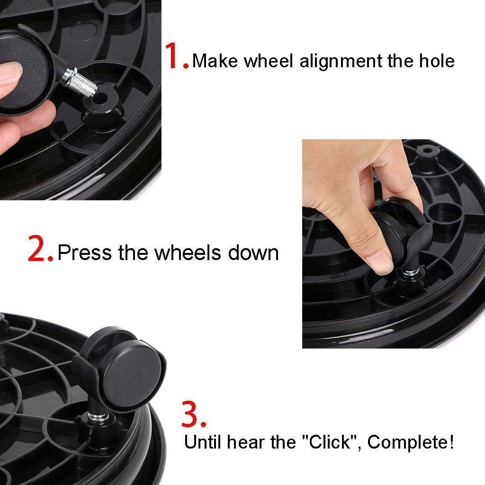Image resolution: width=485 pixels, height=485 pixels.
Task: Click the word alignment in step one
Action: click(x=341, y=61)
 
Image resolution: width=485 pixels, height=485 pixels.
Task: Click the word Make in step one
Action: click(x=215, y=61)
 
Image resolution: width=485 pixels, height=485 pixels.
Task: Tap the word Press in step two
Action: click(x=84, y=252)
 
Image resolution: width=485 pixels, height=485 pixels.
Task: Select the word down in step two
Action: click(x=253, y=252)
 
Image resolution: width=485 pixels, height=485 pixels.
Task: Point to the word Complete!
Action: click(x=411, y=442)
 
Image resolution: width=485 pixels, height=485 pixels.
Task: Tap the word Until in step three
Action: click(x=203, y=442)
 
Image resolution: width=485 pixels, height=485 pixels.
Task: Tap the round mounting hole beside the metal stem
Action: click(x=101, y=99)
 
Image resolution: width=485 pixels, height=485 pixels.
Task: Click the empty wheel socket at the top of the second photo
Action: click(x=427, y=151)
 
